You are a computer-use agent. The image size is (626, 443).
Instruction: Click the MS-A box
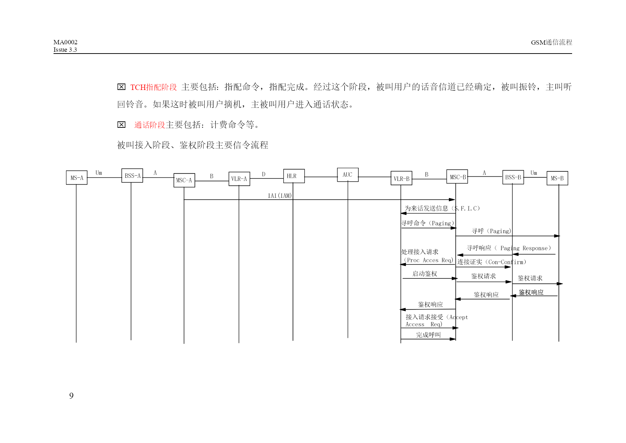click(77, 178)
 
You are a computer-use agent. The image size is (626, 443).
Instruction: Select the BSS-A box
click(132, 176)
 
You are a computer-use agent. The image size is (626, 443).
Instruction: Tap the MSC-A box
click(184, 180)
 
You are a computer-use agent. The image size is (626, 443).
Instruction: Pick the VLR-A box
click(239, 179)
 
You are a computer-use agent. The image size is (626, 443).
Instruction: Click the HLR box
click(294, 176)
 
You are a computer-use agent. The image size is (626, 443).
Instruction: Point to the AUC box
click(348, 175)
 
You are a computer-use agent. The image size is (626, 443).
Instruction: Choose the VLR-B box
click(402, 178)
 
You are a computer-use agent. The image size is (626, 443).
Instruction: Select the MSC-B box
click(457, 177)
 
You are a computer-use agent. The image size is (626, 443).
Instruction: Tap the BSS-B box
click(513, 177)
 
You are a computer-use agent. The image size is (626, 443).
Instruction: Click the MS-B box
click(557, 178)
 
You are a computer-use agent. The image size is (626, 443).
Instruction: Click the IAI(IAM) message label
click(280, 196)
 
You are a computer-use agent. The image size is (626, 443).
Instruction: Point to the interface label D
click(264, 174)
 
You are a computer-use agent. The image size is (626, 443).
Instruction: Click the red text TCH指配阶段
click(153, 87)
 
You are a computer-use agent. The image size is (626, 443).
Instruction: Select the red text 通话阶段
click(150, 125)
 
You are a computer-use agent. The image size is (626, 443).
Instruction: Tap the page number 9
click(71, 396)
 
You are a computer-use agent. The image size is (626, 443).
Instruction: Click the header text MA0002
click(65, 42)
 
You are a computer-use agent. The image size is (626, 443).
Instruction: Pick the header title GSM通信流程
click(551, 42)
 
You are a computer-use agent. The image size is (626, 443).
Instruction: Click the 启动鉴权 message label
click(425, 274)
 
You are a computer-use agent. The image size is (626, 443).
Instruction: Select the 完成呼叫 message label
click(429, 335)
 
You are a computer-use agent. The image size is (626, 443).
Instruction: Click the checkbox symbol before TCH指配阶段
click(121, 87)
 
